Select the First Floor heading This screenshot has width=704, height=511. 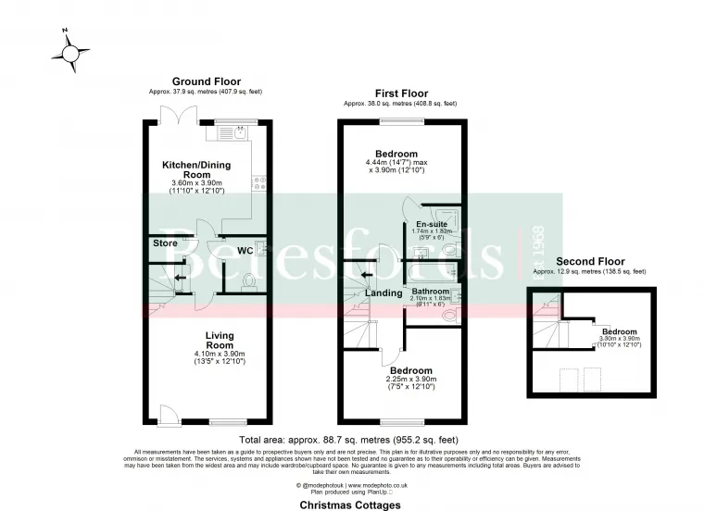click(x=399, y=93)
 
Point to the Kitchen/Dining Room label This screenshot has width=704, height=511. click(x=196, y=170)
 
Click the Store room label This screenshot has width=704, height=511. click(x=165, y=244)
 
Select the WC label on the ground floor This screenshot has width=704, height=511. click(x=245, y=250)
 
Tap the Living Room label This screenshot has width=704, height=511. click(x=220, y=340)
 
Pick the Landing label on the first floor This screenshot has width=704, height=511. click(x=383, y=293)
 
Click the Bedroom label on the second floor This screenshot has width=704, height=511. click(x=619, y=331)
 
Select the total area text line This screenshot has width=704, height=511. click(x=348, y=440)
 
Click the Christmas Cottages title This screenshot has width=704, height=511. click(x=350, y=505)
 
